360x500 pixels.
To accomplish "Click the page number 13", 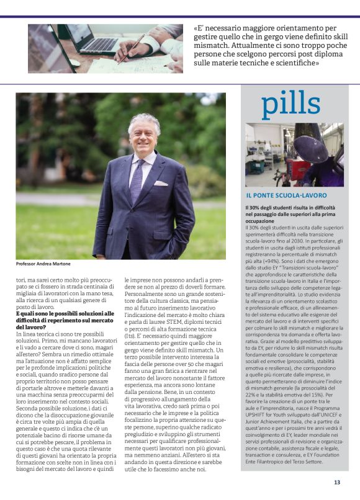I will pos(337,481).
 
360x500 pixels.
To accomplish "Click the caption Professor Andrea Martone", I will pos(43,264).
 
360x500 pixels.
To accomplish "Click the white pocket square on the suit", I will pos(161,184).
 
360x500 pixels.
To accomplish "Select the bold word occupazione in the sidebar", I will pos(260,221).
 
